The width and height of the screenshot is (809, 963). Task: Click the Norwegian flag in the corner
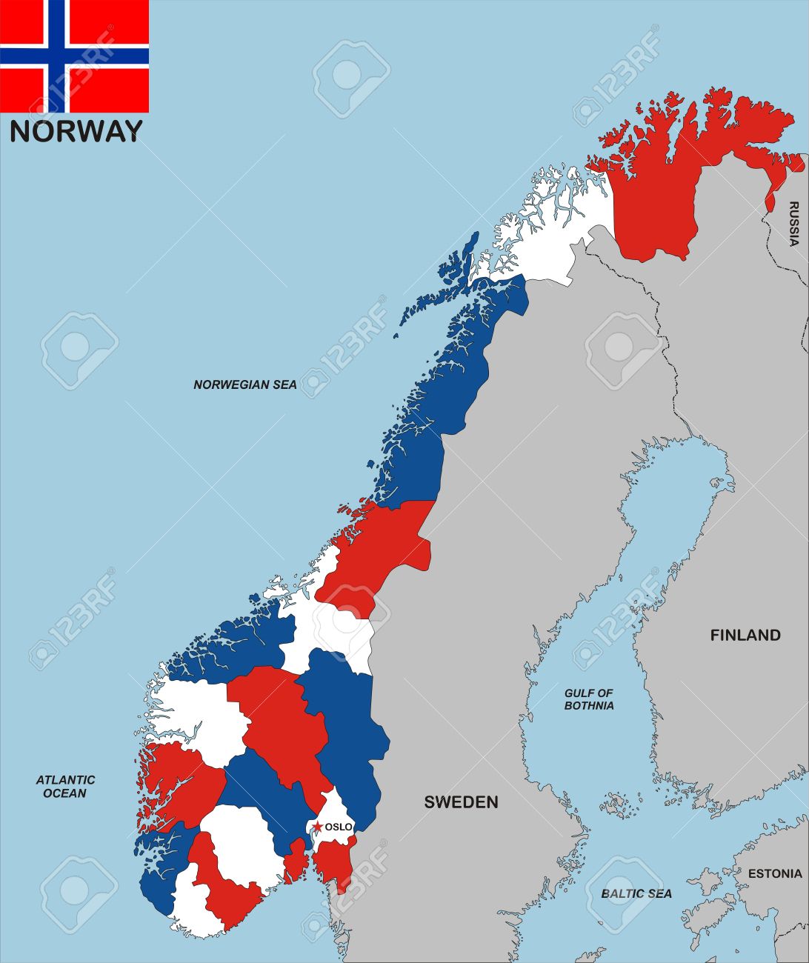click(74, 56)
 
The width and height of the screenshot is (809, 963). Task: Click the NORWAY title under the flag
click(76, 131)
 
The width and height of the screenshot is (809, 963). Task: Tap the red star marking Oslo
click(317, 826)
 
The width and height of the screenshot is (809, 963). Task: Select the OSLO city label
click(339, 827)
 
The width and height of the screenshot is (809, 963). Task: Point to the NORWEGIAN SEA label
click(245, 384)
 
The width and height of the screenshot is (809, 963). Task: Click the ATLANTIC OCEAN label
click(65, 787)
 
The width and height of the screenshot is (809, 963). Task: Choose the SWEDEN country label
click(461, 802)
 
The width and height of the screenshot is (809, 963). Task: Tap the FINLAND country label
click(745, 635)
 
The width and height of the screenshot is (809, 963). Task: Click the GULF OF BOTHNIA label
click(589, 699)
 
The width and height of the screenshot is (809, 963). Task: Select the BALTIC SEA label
click(636, 893)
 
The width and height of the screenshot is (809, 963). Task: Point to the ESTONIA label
click(775, 873)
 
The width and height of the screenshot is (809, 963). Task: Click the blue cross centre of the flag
click(58, 56)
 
